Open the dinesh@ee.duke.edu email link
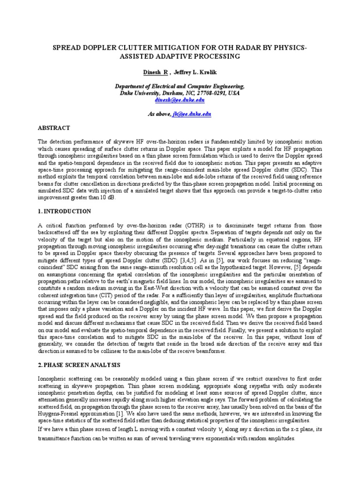[180, 100]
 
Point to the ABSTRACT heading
[54, 128]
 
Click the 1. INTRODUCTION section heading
[64, 212]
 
